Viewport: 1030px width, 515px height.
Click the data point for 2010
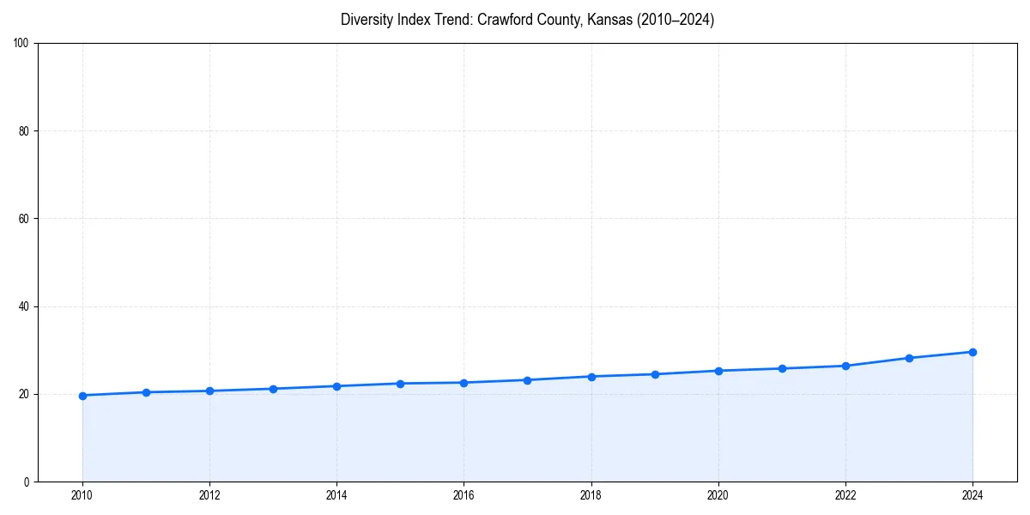point(82,396)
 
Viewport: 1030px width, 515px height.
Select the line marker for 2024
point(972,352)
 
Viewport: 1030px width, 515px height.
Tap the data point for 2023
point(909,358)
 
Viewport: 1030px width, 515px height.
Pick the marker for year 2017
point(527,380)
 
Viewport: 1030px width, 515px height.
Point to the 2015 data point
point(400,384)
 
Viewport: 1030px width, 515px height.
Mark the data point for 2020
point(718,371)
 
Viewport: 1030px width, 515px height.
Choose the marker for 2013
point(273,389)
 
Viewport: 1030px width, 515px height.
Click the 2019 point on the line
point(655,374)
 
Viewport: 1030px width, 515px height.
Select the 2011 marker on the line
point(146,392)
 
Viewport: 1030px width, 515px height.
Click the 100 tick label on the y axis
point(21,44)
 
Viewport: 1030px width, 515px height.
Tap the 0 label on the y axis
point(27,482)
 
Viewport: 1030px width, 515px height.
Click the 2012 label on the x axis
point(209,495)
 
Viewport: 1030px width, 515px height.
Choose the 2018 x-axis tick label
point(591,495)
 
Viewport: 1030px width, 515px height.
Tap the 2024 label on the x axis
point(972,495)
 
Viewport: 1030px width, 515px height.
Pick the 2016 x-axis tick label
point(463,495)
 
